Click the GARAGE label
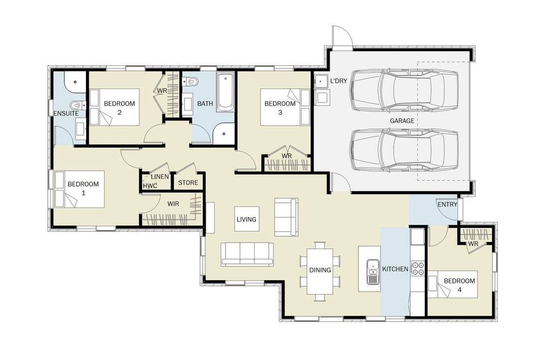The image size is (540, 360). tap(402, 120)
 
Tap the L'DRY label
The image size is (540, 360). tap(339, 81)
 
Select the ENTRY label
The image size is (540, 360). tap(447, 204)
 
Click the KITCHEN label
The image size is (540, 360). tap(395, 269)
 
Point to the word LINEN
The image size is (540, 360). tap(160, 177)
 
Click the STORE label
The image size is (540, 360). tap(188, 183)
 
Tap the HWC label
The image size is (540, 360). tap(150, 186)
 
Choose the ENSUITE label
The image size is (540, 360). tap(66, 113)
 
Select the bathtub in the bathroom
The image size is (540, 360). tap(225, 92)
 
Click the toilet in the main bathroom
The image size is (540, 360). tap(191, 82)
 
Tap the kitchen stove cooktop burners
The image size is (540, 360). tap(418, 268)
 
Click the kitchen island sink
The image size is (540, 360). tap(372, 272)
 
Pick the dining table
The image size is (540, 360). tap(320, 271)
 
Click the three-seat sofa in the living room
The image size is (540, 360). tap(247, 254)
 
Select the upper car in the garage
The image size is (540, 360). tap(404, 90)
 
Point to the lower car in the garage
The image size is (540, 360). tap(404, 150)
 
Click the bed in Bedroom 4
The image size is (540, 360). tap(452, 284)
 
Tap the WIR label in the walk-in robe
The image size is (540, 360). tap(173, 204)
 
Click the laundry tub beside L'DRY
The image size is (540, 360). tap(321, 82)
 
